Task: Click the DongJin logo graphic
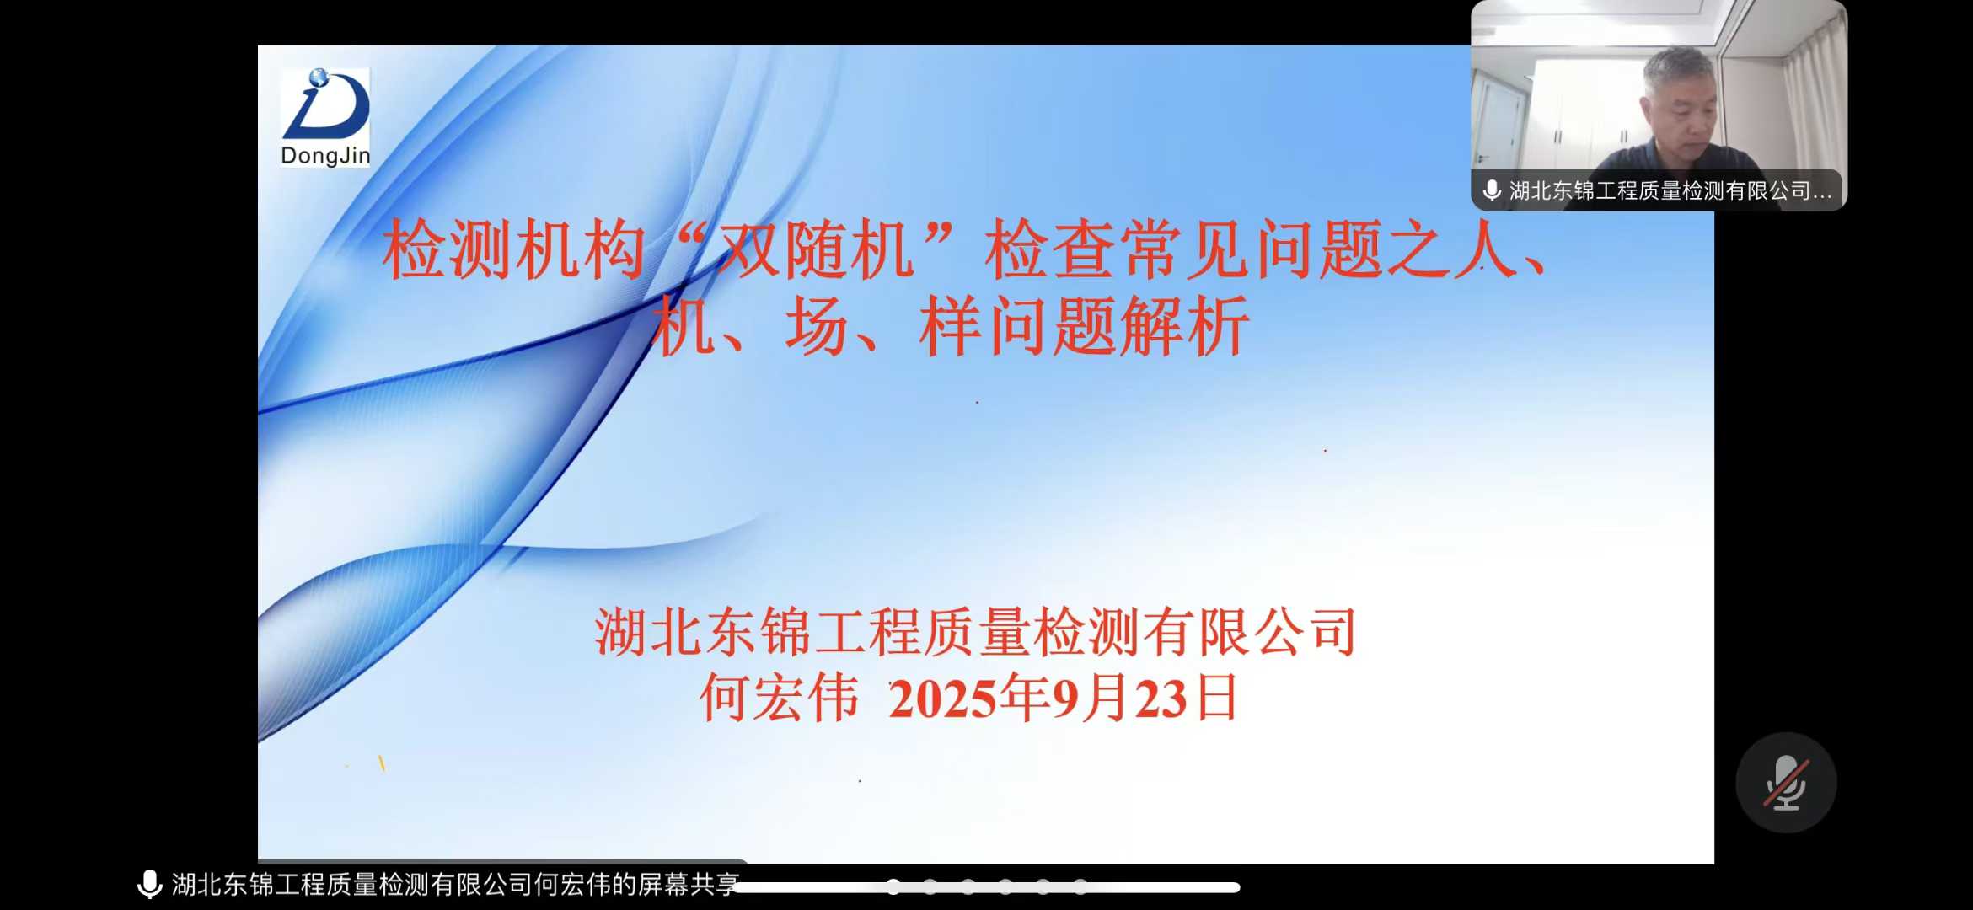coord(326,104)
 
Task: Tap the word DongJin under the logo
coord(325,156)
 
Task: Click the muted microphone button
coord(1786,783)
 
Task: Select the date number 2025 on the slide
coord(943,699)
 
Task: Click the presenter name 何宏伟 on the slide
coord(780,699)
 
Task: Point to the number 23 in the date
coord(1161,699)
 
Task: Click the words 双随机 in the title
coord(815,250)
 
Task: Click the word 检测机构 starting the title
coord(514,250)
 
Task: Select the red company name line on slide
coord(975,632)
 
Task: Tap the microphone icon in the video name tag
coord(1492,190)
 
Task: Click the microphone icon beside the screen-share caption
coord(149,885)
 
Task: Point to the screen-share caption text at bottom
coord(455,885)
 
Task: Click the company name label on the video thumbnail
coord(1670,191)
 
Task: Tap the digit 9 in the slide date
coord(1065,699)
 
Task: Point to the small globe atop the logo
coord(319,78)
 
